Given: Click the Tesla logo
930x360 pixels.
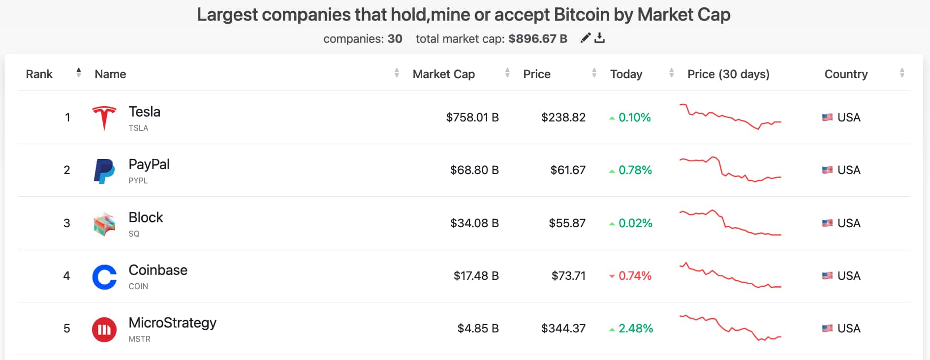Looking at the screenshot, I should click(x=104, y=118).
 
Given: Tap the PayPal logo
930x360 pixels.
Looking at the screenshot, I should click(x=104, y=171).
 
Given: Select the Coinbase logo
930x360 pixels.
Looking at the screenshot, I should click(x=104, y=277).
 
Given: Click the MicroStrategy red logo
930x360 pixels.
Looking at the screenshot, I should click(x=104, y=330).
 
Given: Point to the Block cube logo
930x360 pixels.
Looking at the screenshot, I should click(x=104, y=224).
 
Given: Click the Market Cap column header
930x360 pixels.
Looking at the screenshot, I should click(x=443, y=74).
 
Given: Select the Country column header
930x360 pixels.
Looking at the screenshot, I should click(x=846, y=74).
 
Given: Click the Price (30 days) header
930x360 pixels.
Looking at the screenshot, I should click(x=728, y=74).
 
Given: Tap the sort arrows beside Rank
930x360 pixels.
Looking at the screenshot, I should click(x=79, y=73).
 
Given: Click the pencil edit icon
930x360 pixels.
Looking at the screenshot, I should click(x=585, y=38).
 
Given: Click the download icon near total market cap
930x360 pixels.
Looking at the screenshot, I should click(x=599, y=38).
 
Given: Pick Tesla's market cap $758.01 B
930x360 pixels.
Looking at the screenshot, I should click(x=472, y=118).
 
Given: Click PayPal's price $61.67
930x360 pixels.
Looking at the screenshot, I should click(x=568, y=170).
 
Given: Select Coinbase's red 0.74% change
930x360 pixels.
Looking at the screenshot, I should click(x=634, y=276).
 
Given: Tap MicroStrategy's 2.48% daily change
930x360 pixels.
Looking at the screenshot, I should click(x=635, y=329).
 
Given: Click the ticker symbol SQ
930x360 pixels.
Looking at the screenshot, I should click(x=134, y=234).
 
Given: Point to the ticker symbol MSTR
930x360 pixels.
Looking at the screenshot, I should click(x=139, y=339).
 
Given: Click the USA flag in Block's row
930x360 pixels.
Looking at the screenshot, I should click(x=827, y=223).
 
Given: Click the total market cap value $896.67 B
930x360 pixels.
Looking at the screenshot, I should click(x=537, y=39).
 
